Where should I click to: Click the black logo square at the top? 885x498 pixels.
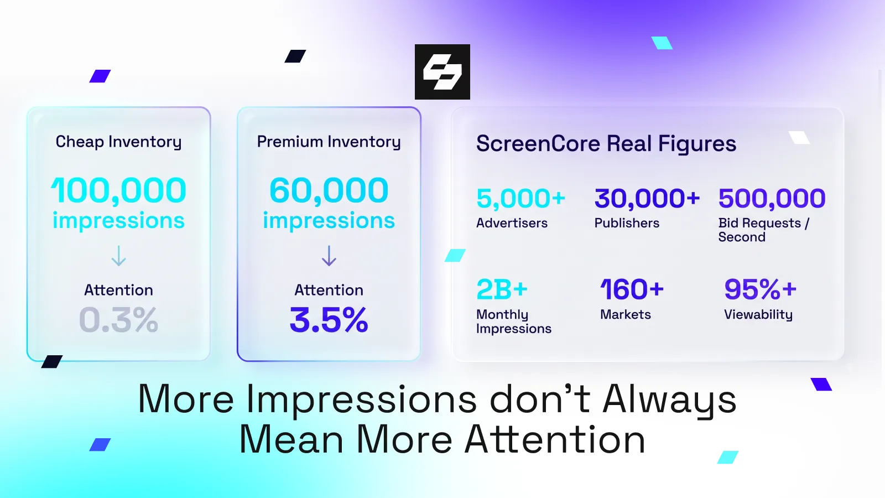pyautogui.click(x=442, y=71)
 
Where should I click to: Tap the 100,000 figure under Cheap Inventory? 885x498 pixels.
pyautogui.click(x=118, y=191)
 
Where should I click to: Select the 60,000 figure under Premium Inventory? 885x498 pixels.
pyautogui.click(x=329, y=190)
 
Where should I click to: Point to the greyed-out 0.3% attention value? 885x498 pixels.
pyautogui.click(x=118, y=320)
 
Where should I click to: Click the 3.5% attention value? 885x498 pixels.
pyautogui.click(x=329, y=320)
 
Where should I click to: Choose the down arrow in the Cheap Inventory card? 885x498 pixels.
pyautogui.click(x=118, y=256)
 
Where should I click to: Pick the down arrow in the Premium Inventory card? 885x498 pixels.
pyautogui.click(x=329, y=256)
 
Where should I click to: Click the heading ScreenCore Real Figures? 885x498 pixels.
pyautogui.click(x=606, y=143)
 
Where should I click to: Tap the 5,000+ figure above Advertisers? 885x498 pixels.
pyautogui.click(x=520, y=199)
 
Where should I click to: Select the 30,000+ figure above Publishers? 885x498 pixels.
pyautogui.click(x=647, y=199)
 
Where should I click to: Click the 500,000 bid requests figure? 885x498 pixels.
pyautogui.click(x=772, y=199)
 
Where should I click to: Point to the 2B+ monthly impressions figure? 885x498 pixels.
pyautogui.click(x=502, y=289)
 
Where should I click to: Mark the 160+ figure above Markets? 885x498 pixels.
pyautogui.click(x=632, y=289)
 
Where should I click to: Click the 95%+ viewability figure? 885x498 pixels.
pyautogui.click(x=760, y=289)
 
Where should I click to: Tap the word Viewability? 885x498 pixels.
pyautogui.click(x=758, y=315)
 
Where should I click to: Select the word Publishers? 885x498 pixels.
pyautogui.click(x=627, y=223)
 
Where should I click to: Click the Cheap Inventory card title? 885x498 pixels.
pyautogui.click(x=118, y=142)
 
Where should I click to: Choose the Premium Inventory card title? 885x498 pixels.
pyautogui.click(x=329, y=142)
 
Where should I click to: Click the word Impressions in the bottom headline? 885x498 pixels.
pyautogui.click(x=362, y=400)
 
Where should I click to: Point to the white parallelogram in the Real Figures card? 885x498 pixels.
pyautogui.click(x=799, y=138)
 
